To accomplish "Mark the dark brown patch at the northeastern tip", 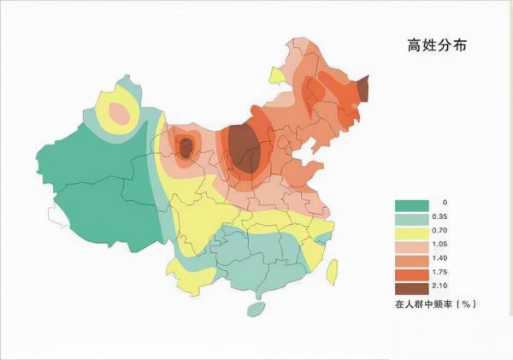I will (x=363, y=87).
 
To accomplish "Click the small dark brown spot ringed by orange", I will (x=186, y=150).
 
